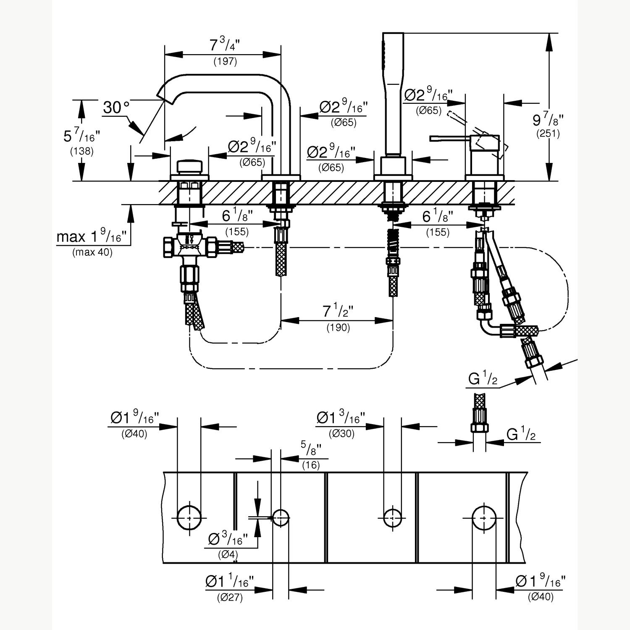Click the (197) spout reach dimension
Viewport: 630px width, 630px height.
[x=225, y=61]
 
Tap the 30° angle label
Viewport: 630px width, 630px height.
[x=116, y=108]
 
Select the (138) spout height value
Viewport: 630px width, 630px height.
[x=82, y=151]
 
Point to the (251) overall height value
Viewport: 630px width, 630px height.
[x=548, y=134]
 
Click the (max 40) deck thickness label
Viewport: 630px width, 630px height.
[x=92, y=252]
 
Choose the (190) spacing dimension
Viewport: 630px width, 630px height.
[x=338, y=328]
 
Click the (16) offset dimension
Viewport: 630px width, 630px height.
[x=311, y=465]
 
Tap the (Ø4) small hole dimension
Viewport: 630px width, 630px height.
[x=228, y=554]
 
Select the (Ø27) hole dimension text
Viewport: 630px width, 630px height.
[x=230, y=597]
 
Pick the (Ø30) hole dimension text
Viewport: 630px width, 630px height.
[x=341, y=433]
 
